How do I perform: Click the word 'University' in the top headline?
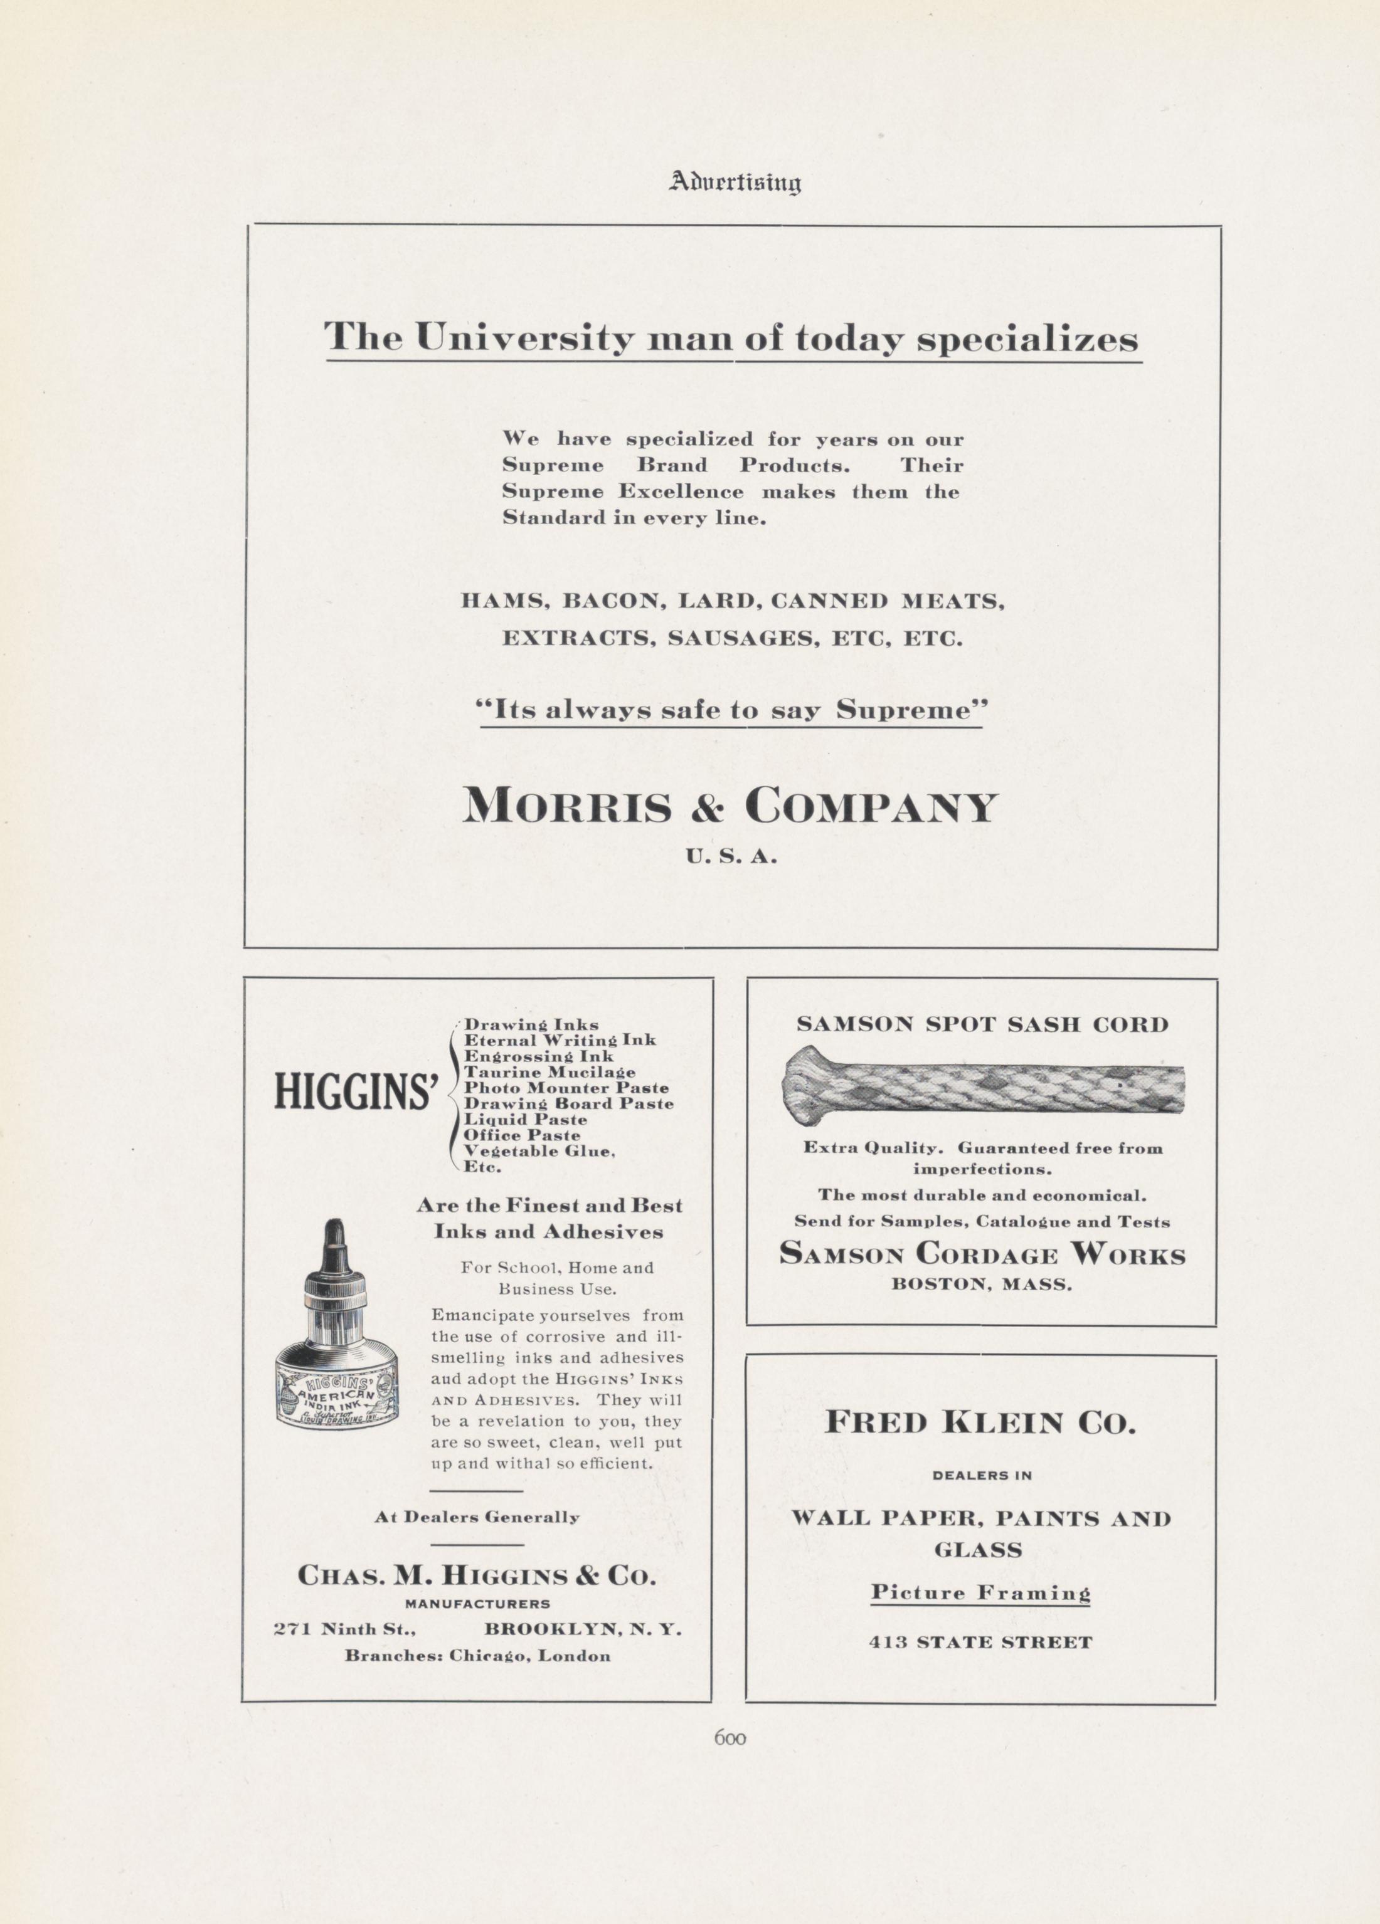[x=524, y=339]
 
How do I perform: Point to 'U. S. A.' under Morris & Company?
[x=731, y=858]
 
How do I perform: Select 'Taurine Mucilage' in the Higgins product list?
[x=550, y=1072]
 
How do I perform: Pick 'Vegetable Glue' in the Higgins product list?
[x=538, y=1151]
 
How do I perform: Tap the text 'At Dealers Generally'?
[x=477, y=1518]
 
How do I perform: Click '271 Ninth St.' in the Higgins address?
[x=344, y=1629]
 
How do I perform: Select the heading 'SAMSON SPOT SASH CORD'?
[x=982, y=1024]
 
